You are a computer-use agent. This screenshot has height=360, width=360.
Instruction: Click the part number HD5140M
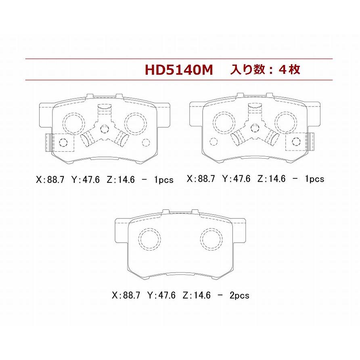[179, 69]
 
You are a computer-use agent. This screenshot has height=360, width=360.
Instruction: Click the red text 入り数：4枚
[265, 69]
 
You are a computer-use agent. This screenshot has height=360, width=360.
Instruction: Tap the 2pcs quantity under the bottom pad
[239, 295]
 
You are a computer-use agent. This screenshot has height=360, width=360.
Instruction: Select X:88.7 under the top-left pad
[50, 180]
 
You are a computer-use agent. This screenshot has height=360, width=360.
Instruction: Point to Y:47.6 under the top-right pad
[236, 179]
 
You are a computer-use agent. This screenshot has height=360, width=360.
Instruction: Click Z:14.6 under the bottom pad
[197, 295]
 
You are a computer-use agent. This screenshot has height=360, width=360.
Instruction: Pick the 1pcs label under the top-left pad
[164, 180]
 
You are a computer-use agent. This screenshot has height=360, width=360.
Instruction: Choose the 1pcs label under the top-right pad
[314, 179]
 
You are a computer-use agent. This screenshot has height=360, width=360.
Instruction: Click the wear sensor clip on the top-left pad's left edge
[49, 142]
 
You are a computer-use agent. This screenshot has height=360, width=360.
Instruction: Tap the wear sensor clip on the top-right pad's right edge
[311, 142]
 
